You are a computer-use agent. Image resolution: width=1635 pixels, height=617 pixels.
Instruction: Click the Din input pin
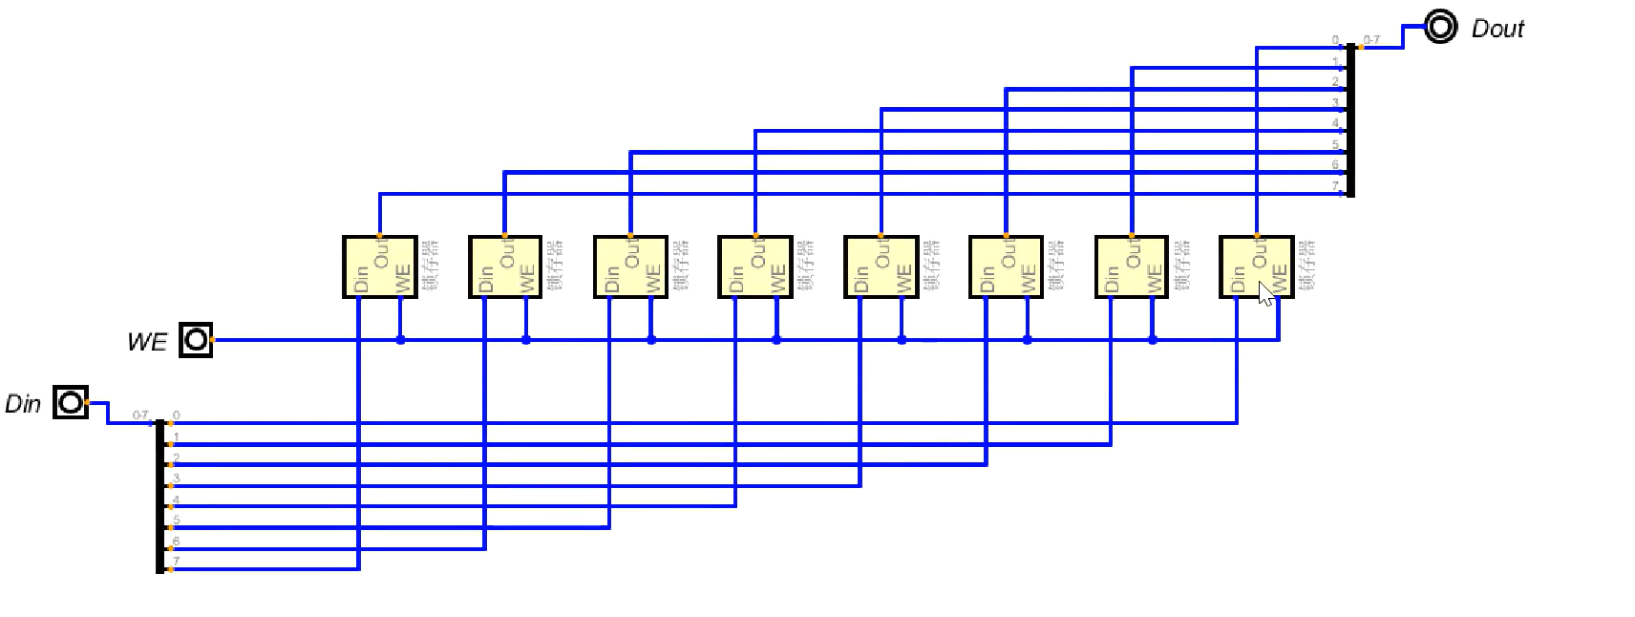pyautogui.click(x=71, y=403)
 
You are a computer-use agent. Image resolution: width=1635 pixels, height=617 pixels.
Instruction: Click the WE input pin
pyautogui.click(x=196, y=340)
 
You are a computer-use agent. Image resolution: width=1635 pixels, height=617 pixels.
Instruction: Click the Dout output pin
pyautogui.click(x=1440, y=27)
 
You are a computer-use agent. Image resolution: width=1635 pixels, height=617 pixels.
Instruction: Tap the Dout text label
pyautogui.click(x=1497, y=29)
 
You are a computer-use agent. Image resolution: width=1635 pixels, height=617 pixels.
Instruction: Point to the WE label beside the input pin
pyautogui.click(x=147, y=342)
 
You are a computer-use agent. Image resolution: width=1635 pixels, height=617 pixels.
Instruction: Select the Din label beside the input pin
pyautogui.click(x=23, y=404)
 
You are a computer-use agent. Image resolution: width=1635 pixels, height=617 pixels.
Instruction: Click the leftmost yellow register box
pyautogui.click(x=379, y=266)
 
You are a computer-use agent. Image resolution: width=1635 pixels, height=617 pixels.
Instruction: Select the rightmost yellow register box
pyautogui.click(x=1256, y=266)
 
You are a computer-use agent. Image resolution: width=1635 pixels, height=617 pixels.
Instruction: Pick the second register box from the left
pyautogui.click(x=504, y=266)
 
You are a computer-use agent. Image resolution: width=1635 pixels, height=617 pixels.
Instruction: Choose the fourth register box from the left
pyautogui.click(x=754, y=266)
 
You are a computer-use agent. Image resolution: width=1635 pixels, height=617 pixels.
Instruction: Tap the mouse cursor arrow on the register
pyautogui.click(x=1265, y=293)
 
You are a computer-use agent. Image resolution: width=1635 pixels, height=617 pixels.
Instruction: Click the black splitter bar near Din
pyautogui.click(x=159, y=495)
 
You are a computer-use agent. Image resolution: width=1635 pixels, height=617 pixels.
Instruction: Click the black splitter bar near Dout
pyautogui.click(x=1350, y=119)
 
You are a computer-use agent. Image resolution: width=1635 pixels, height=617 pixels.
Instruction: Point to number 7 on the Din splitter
pyautogui.click(x=177, y=562)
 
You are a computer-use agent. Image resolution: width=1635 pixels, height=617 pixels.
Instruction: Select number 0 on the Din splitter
pyautogui.click(x=177, y=415)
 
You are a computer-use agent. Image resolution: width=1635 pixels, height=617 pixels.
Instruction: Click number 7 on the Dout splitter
pyautogui.click(x=1335, y=186)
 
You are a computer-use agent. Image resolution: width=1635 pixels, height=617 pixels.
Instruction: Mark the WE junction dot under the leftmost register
pyautogui.click(x=400, y=340)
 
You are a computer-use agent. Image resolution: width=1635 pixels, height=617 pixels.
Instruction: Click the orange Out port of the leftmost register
pyautogui.click(x=379, y=236)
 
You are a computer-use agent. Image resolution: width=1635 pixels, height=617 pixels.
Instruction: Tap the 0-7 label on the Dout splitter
pyautogui.click(x=1371, y=40)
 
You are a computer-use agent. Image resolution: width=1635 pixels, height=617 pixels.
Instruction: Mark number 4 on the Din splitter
pyautogui.click(x=177, y=500)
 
